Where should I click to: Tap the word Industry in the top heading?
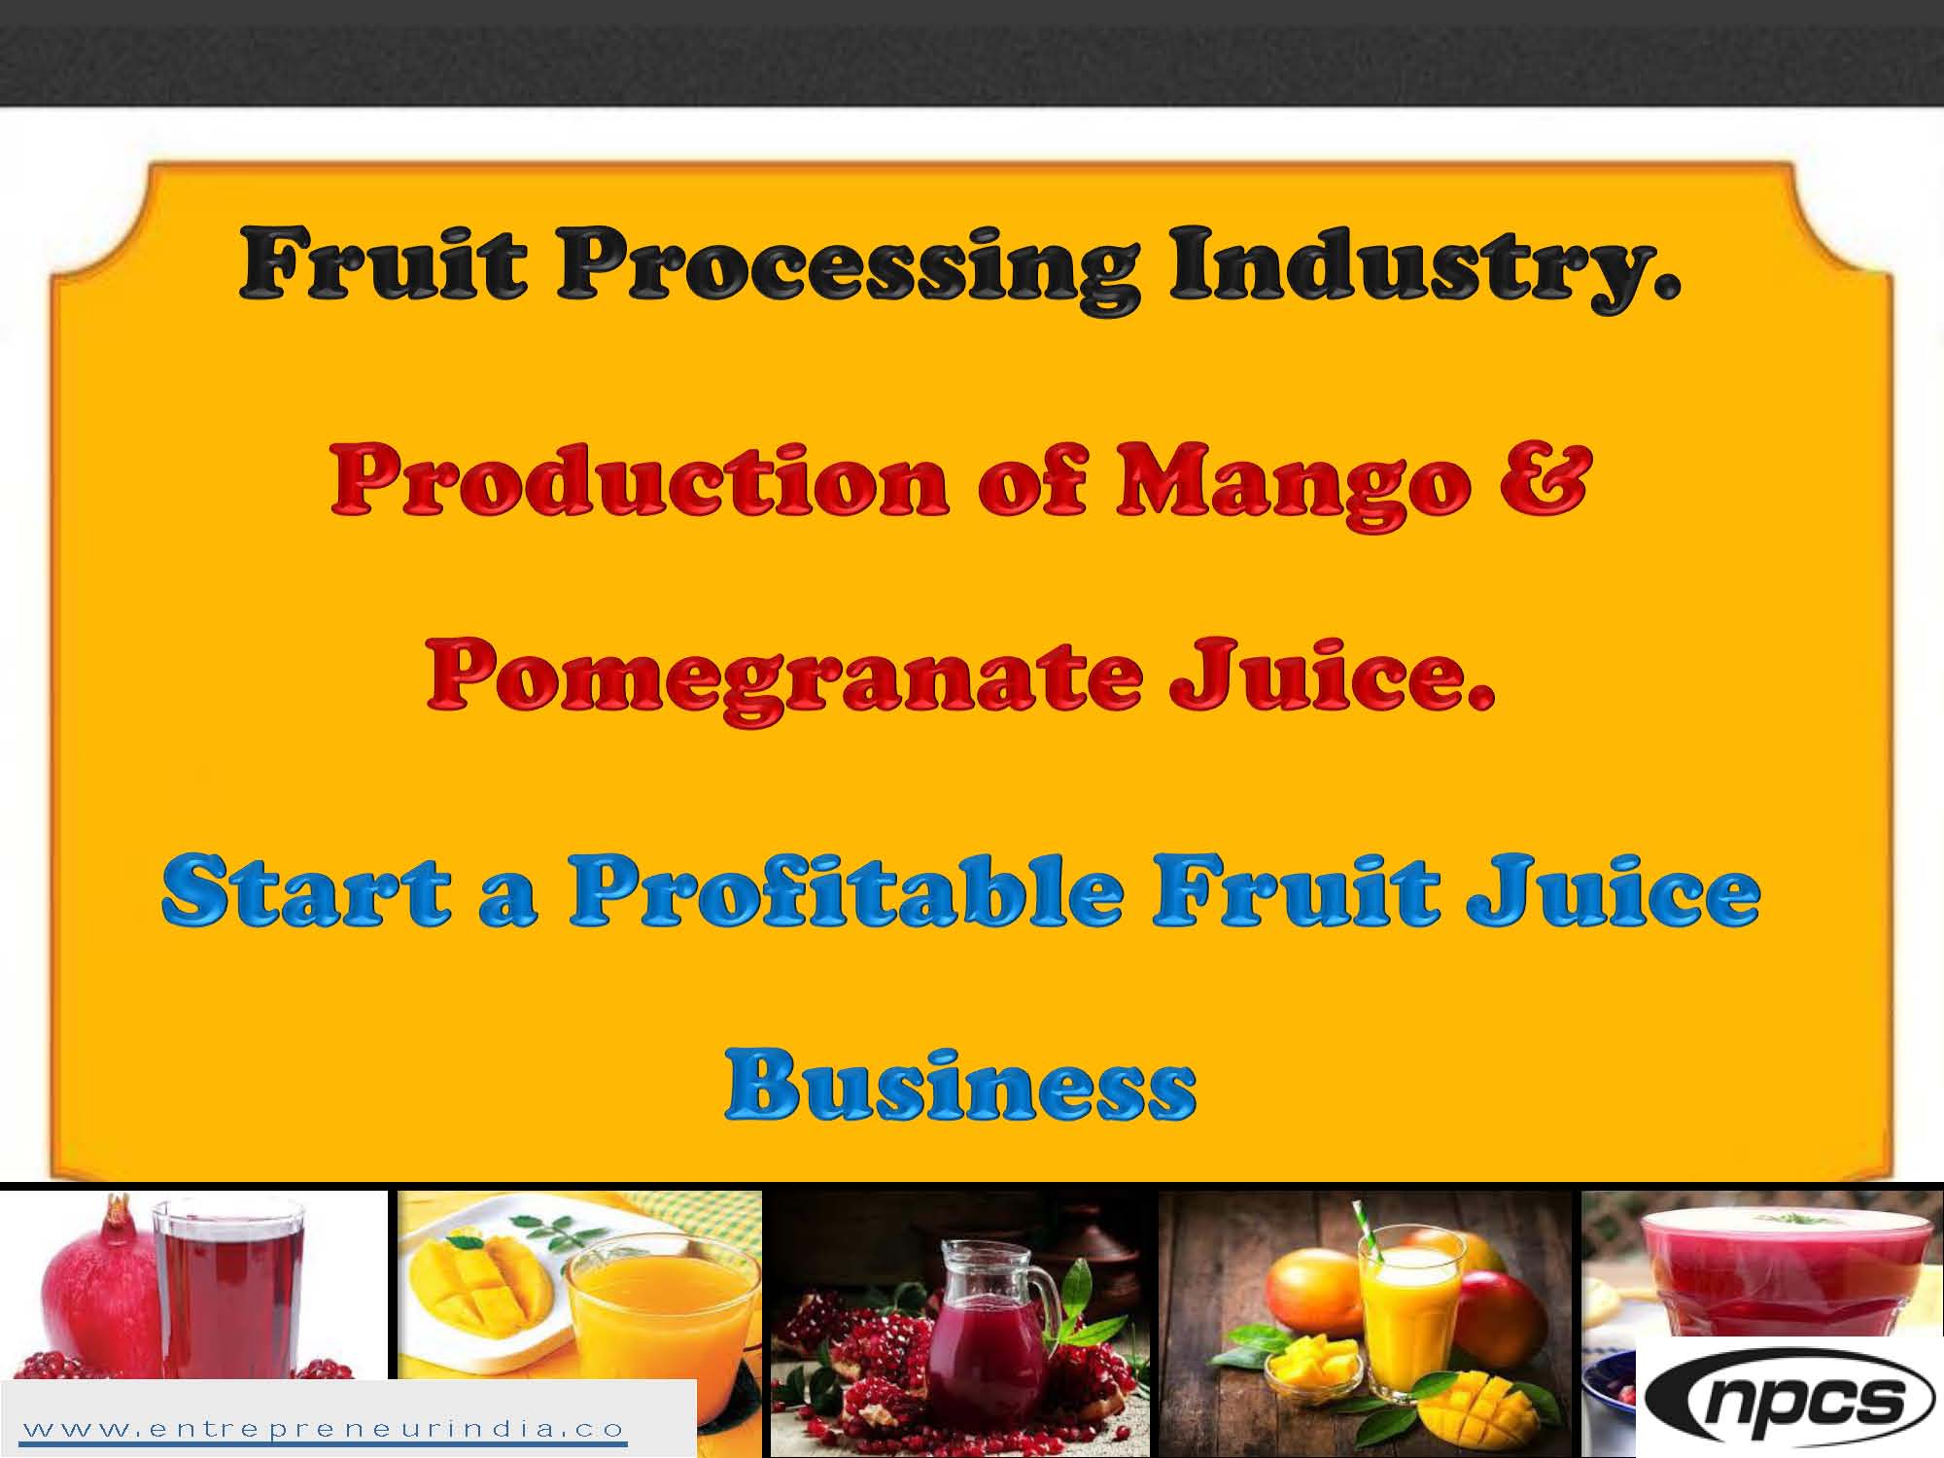point(1424,264)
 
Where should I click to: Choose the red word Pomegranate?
point(782,677)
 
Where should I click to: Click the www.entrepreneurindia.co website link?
point(324,1429)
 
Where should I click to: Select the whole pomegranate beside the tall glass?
point(92,1293)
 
